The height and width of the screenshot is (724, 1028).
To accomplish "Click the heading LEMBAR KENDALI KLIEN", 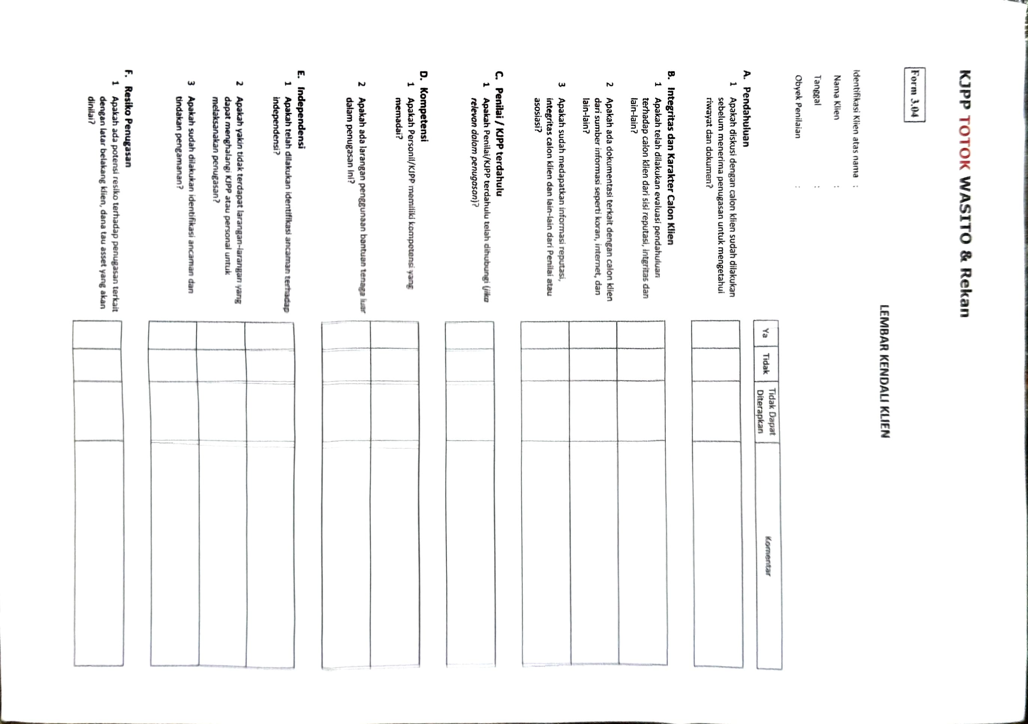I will coord(884,371).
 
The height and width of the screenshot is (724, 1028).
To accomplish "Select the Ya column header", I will coord(766,334).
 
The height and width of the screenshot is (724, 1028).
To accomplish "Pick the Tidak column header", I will coord(766,364).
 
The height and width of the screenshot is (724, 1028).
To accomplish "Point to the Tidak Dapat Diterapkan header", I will coord(766,411).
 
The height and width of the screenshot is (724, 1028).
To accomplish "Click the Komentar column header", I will coord(768,555).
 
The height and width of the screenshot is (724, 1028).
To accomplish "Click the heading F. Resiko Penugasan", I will coord(128,118).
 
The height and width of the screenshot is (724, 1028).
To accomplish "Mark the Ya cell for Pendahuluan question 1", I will coord(716,334).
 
